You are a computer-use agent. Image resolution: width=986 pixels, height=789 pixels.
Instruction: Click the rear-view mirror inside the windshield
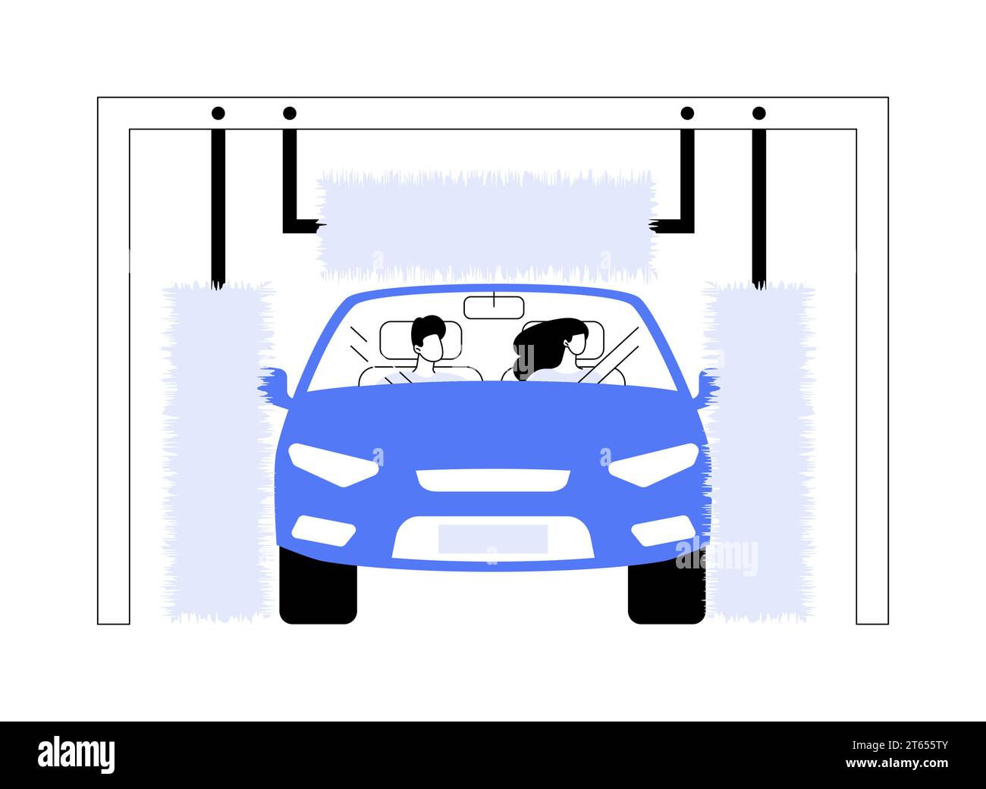click(x=494, y=308)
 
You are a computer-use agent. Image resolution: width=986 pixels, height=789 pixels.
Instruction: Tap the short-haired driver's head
click(x=429, y=338)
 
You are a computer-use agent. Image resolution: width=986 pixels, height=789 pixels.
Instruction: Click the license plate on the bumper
click(x=493, y=538)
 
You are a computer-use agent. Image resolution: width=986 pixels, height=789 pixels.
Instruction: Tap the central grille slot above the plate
click(x=493, y=480)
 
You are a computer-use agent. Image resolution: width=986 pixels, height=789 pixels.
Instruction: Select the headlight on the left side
click(x=334, y=464)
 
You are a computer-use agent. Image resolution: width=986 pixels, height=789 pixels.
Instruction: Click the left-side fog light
click(x=324, y=531)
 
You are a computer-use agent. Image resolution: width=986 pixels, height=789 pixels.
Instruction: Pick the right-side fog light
click(x=661, y=531)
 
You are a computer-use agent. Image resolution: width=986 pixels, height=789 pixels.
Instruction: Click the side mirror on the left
click(x=275, y=383)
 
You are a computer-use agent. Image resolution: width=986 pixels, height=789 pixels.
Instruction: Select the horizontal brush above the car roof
click(x=485, y=225)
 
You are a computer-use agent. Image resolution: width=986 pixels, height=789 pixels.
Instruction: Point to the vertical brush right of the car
click(x=758, y=451)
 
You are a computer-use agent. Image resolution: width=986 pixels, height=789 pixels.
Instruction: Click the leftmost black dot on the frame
click(x=218, y=114)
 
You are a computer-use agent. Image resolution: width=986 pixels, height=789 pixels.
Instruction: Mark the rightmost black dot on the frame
click(x=759, y=114)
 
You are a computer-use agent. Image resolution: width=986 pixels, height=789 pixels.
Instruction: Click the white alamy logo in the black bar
click(x=77, y=755)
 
